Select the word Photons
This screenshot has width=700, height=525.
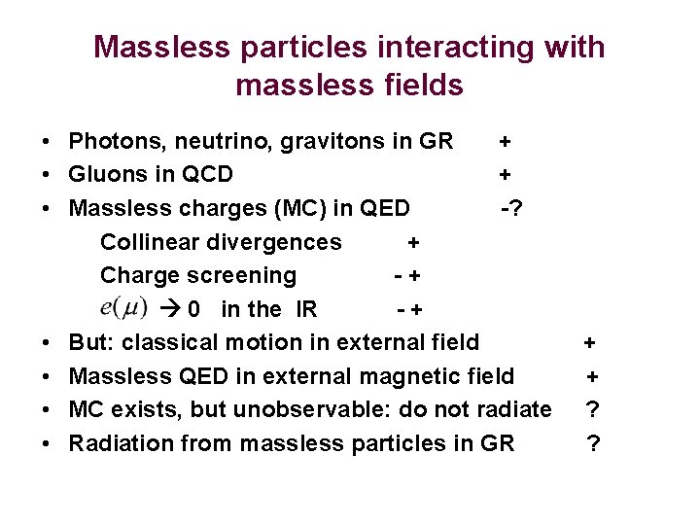click(110, 142)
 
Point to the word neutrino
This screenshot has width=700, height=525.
click(215, 142)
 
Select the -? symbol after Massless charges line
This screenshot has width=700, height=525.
click(508, 208)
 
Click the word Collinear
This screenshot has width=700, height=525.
click(152, 242)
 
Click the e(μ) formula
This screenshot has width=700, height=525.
click(123, 307)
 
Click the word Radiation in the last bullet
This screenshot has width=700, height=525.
click(114, 442)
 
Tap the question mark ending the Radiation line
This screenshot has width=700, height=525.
click(592, 443)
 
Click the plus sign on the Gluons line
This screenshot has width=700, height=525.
click(505, 175)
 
